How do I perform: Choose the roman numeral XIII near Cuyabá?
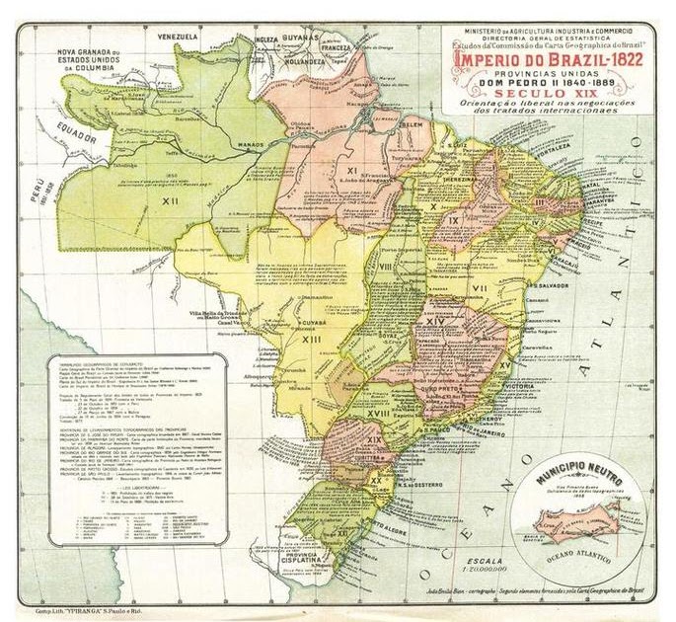tap(313, 339)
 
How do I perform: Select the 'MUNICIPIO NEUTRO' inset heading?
tap(575, 480)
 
